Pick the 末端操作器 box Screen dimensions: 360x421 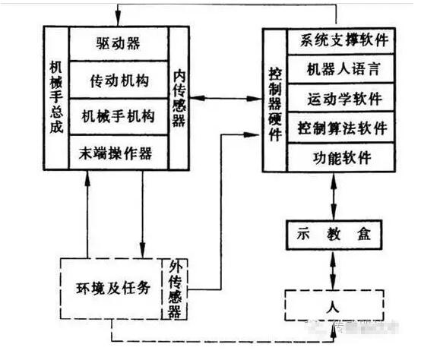(x=118, y=153)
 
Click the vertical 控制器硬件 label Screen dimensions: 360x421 (x=275, y=99)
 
